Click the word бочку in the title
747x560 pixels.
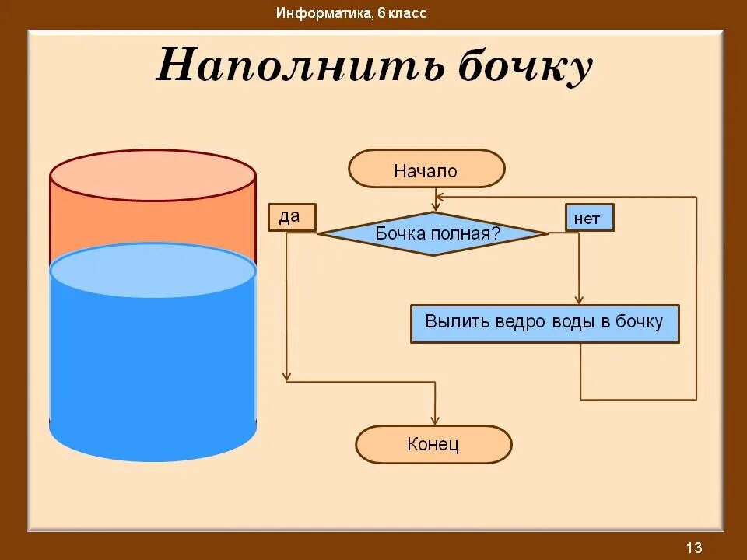tap(524, 65)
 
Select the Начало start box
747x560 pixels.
tap(426, 169)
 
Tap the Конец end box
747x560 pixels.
tap(433, 445)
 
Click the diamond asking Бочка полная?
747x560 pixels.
tap(434, 233)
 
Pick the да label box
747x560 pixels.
tap(292, 217)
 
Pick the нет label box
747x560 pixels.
tap(589, 218)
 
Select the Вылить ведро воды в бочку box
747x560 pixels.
tap(545, 324)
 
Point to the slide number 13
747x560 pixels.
tap(694, 547)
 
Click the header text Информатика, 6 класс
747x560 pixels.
tap(351, 13)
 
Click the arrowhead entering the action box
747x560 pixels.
tap(578, 299)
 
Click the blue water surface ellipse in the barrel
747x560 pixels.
tap(153, 270)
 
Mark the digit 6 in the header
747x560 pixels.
tap(382, 13)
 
